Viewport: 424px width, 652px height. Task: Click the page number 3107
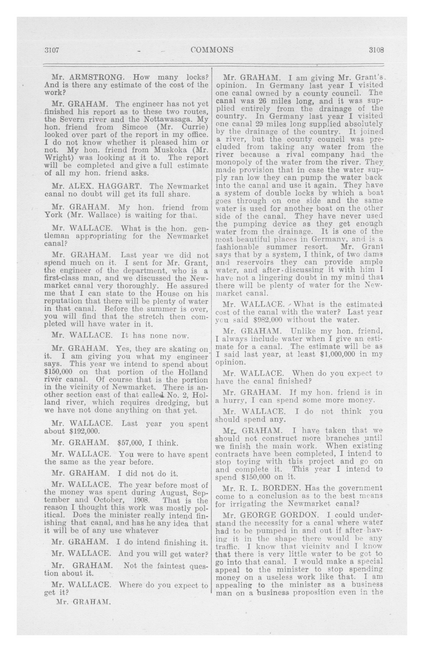click(52, 50)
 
